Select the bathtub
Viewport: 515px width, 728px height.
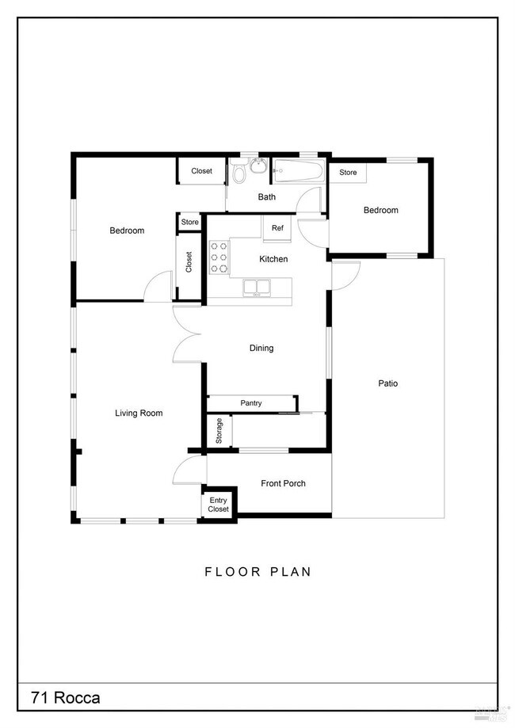(298, 172)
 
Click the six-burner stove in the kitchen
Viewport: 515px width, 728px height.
(219, 257)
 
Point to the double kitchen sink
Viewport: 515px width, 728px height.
(257, 287)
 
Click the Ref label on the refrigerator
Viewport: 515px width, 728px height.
(277, 228)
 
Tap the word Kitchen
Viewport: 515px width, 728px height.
(274, 259)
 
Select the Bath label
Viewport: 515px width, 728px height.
(266, 197)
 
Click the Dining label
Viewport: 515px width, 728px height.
(261, 348)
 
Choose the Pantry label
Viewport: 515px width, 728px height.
(251, 403)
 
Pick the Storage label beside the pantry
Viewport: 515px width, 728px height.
(219, 431)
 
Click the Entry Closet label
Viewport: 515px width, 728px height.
(218, 505)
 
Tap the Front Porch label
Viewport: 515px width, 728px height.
(283, 483)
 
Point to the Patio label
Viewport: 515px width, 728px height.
(387, 383)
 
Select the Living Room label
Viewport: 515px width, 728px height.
(139, 413)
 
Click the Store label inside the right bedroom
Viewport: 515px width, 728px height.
(348, 172)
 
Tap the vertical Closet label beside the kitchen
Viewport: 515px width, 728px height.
(189, 262)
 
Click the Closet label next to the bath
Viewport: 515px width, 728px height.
(201, 170)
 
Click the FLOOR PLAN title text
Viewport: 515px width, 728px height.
(257, 571)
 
